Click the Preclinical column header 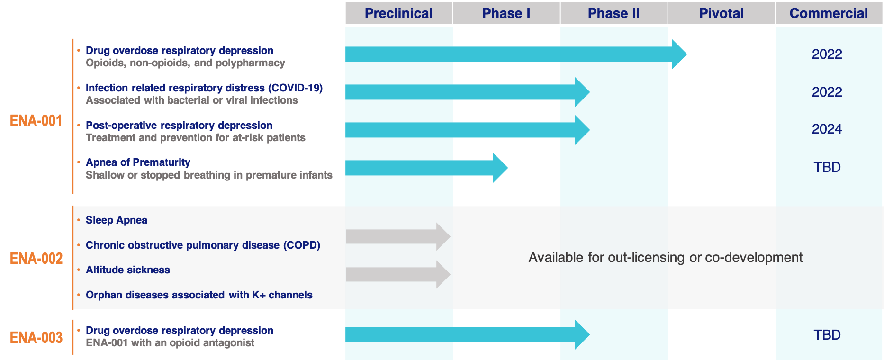399,13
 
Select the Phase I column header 506,13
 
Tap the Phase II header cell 614,13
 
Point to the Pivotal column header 722,13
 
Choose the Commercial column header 829,13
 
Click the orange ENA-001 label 36,121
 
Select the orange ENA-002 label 36,259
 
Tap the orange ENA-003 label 36,338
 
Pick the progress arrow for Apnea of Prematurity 426,168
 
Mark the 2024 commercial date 827,129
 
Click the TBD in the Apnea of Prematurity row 827,167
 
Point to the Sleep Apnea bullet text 117,220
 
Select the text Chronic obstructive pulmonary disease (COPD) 203,245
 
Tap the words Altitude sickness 128,270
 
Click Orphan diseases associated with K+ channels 199,295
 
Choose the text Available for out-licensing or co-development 666,258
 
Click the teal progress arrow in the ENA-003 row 468,335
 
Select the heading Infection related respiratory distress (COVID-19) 204,88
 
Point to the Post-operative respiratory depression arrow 468,130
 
